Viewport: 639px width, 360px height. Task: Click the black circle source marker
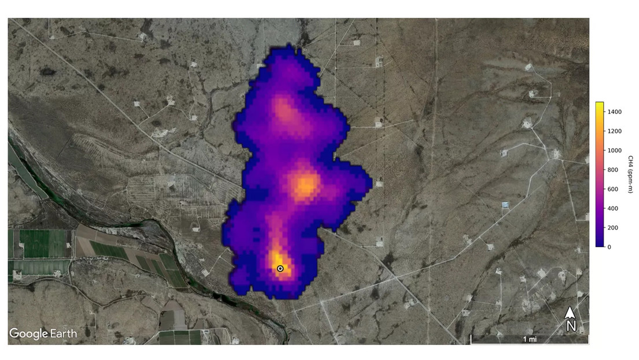click(x=280, y=269)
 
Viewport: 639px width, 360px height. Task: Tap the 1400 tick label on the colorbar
click(x=616, y=112)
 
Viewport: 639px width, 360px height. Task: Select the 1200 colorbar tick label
click(x=616, y=131)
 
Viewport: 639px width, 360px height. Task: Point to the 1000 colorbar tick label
click(x=616, y=150)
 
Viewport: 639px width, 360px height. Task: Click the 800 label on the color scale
click(x=614, y=170)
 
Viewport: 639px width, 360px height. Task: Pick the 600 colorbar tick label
click(x=614, y=189)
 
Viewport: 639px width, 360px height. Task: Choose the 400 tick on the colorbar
click(x=614, y=208)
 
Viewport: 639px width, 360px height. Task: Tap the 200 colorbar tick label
click(x=614, y=227)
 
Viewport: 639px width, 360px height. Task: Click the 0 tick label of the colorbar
click(x=609, y=247)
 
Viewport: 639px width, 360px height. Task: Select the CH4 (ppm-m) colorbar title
click(x=630, y=174)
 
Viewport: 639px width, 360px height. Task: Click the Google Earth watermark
click(x=43, y=333)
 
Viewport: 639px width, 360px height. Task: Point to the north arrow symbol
click(x=570, y=313)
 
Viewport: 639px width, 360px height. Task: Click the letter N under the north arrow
click(x=571, y=326)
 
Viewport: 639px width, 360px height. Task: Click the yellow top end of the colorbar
click(x=600, y=105)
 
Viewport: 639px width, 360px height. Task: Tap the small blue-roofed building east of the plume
click(x=506, y=205)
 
